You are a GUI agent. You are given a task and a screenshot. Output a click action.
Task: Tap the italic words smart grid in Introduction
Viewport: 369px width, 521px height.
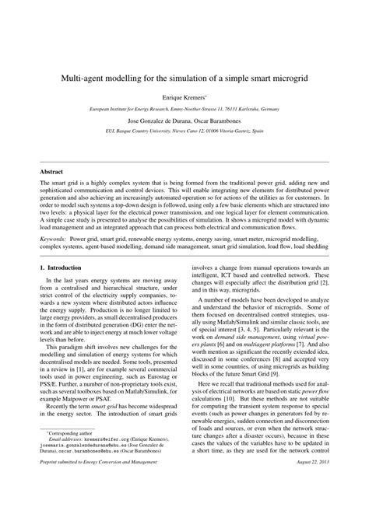point(107,430)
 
